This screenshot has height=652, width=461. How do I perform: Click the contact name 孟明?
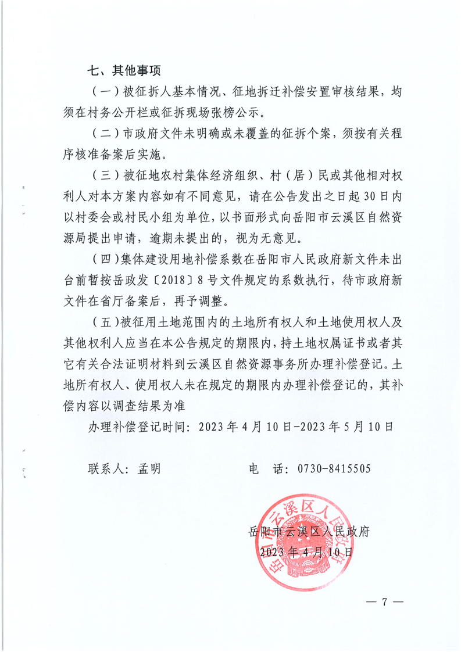point(149,468)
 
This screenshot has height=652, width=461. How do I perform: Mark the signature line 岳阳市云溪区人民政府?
point(309,531)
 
